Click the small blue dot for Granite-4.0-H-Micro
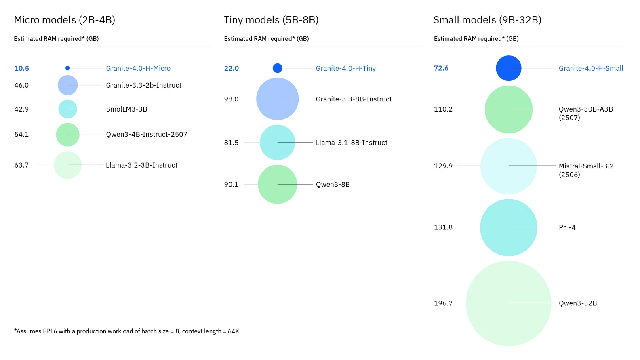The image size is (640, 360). [67, 68]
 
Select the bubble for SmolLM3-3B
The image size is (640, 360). [67, 109]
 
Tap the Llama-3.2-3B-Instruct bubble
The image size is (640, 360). [67, 165]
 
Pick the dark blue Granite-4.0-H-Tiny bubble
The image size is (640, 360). [277, 68]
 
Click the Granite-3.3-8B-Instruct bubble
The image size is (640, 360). [277, 99]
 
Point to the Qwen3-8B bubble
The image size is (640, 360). [277, 184]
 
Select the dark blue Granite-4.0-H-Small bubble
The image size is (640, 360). [508, 68]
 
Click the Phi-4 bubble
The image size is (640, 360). [508, 227]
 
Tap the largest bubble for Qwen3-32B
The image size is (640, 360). [508, 303]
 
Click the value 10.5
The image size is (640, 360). [22, 68]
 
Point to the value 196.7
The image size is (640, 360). [443, 303]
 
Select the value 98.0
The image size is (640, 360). [231, 99]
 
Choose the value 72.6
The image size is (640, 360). [441, 68]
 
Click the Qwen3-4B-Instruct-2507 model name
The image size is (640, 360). [146, 134]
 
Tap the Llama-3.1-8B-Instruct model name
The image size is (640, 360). [351, 143]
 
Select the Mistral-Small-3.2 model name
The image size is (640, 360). [586, 166]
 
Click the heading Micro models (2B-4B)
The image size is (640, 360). [65, 20]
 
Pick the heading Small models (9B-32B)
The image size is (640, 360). [487, 20]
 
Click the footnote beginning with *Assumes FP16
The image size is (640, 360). [126, 331]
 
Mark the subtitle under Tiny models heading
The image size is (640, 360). [266, 39]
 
